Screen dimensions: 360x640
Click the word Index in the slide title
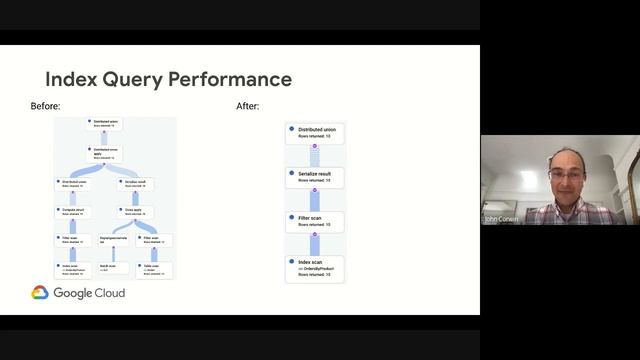pos(71,79)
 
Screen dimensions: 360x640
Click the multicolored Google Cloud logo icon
pos(40,294)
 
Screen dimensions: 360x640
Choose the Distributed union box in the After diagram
pos(315,133)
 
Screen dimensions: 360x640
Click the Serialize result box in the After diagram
pos(315,177)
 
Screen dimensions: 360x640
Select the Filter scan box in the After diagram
pos(315,220)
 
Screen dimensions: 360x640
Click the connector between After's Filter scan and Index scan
pos(314,244)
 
